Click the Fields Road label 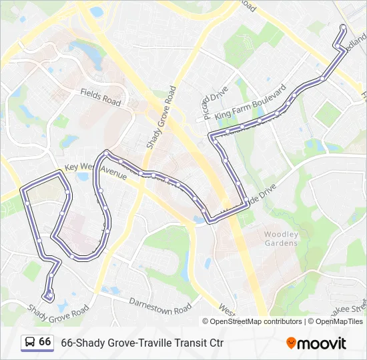click(x=101, y=97)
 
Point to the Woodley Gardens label click(x=281, y=239)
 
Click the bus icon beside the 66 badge click(x=30, y=342)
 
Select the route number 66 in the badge click(x=45, y=341)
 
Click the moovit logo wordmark click(x=323, y=343)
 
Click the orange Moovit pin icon click(x=291, y=343)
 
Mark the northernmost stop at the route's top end click(x=343, y=28)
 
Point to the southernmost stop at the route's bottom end click(x=48, y=296)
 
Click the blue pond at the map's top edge click(x=97, y=11)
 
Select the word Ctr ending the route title click(x=215, y=343)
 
